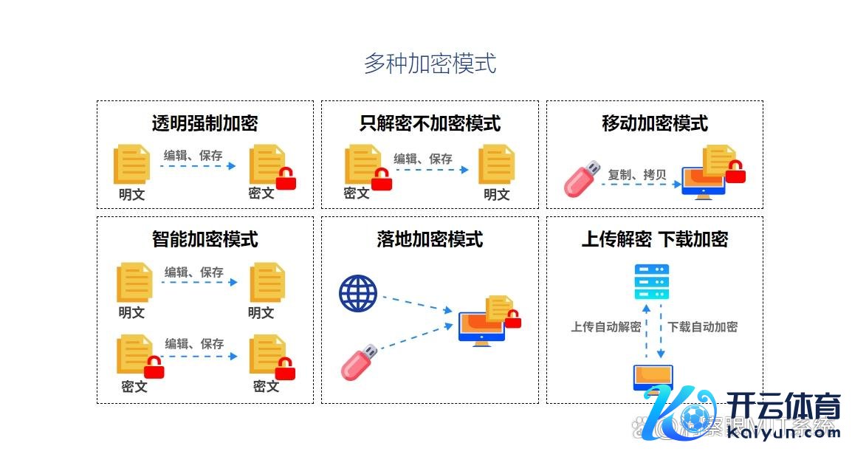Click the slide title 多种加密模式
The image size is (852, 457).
(430, 63)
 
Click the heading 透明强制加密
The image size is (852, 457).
(205, 123)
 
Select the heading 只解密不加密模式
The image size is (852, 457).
(430, 123)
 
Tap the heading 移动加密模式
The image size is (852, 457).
(654, 123)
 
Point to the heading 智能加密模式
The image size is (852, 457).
(205, 239)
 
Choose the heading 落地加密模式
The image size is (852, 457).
(430, 239)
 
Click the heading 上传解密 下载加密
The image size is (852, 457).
(654, 239)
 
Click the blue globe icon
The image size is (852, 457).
(358, 293)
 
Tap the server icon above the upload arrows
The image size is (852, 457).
(652, 281)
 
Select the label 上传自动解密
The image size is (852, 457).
(605, 327)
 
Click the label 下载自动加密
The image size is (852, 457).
(702, 327)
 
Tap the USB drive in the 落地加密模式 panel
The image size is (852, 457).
(360, 361)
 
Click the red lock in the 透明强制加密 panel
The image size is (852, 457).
(286, 179)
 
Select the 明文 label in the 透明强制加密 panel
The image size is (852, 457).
(131, 195)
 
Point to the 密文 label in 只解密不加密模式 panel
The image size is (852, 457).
(357, 193)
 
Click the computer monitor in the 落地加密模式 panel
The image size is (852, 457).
(481, 328)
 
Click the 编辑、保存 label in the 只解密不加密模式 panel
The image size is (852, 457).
(422, 159)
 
